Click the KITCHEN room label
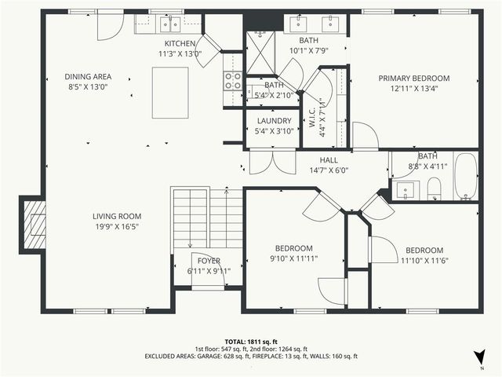coord(180,43)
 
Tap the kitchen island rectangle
coord(170,93)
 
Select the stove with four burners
coord(233,80)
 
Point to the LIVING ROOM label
coord(117,217)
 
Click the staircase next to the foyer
coord(208,218)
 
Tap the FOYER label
coord(208,261)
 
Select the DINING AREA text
coord(88,77)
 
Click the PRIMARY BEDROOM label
coord(414,79)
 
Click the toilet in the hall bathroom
coord(433,188)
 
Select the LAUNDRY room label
coord(274,121)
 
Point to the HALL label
coord(329,159)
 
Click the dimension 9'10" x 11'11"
coord(294,258)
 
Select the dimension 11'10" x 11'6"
coord(424,260)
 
